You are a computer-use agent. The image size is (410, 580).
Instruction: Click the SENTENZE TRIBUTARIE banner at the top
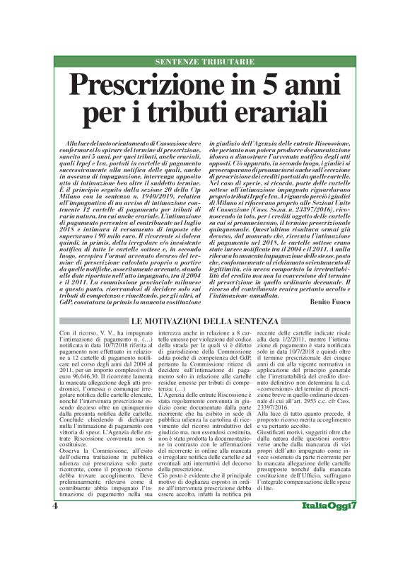tap(204, 63)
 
